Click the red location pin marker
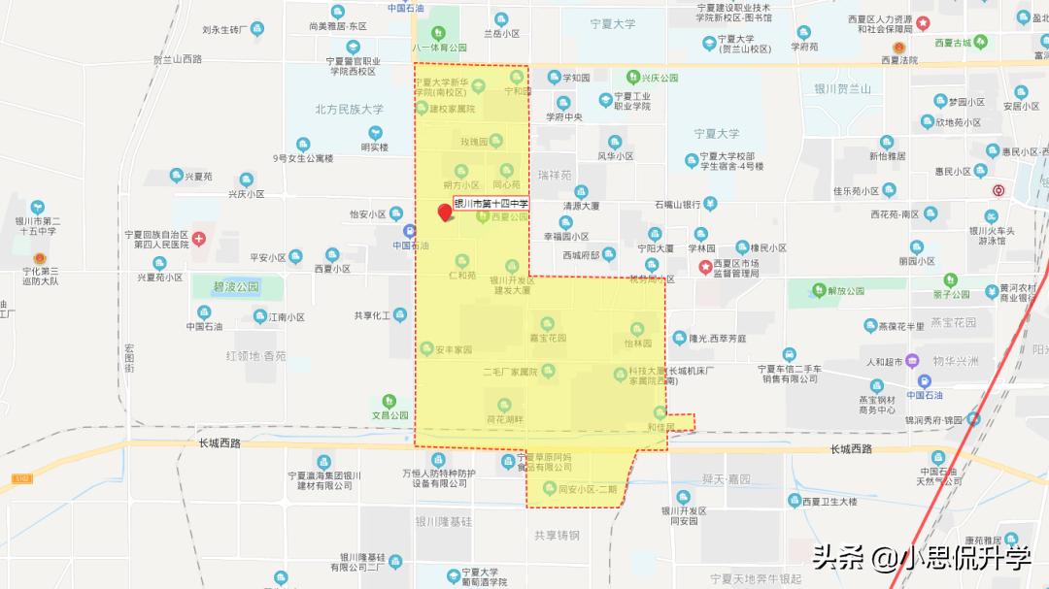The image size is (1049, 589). pos(447,212)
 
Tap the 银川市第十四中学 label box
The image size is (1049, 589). pos(491,204)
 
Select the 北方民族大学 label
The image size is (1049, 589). pos(349,110)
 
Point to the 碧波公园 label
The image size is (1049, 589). pos(236,287)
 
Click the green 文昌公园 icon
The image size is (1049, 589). pos(389,401)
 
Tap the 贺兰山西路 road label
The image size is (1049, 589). pos(178,59)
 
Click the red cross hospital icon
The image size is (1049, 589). pos(199,239)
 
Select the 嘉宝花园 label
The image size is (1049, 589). pos(548,338)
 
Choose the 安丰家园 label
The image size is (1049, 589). pos(453,349)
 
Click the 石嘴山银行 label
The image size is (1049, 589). pos(678,205)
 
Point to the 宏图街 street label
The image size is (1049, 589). pos(129,358)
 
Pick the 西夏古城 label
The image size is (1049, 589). pos(953,43)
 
